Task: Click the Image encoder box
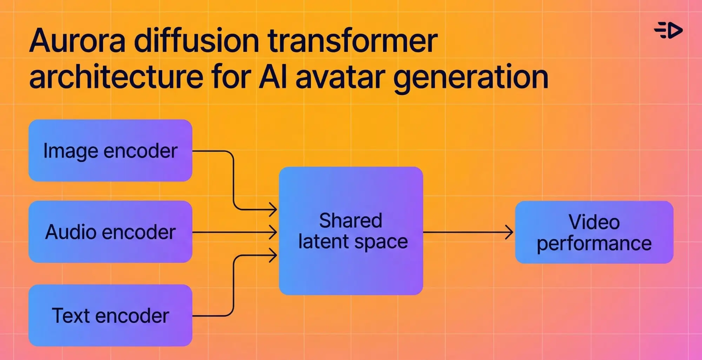tap(110, 151)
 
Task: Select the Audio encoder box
tap(110, 232)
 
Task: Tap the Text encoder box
tap(110, 315)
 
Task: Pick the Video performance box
tap(594, 232)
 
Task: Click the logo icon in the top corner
tap(668, 31)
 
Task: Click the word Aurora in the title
tap(77, 41)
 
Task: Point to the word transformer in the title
tap(353, 41)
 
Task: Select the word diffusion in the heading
tap(197, 41)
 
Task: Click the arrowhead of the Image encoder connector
tap(273, 210)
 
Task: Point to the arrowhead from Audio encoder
tap(273, 232)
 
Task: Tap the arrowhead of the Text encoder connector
tap(273, 255)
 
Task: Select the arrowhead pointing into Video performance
tap(510, 232)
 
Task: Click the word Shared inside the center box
tap(350, 221)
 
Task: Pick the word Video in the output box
tap(594, 222)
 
